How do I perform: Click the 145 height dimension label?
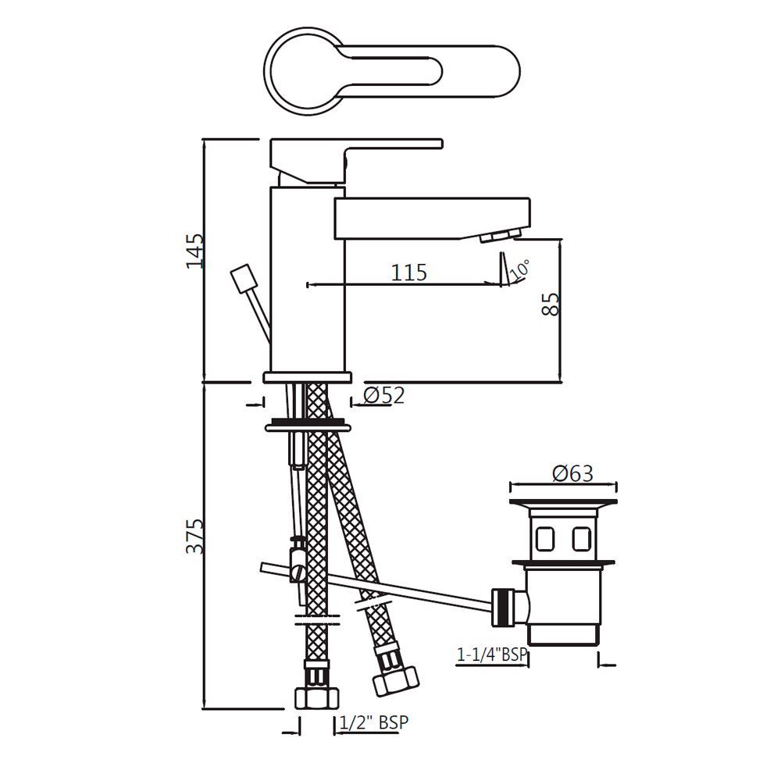pyautogui.click(x=194, y=250)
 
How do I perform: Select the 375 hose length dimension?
pyautogui.click(x=195, y=535)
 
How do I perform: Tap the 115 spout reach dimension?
pyautogui.click(x=409, y=273)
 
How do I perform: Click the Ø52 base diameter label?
pyautogui.click(x=383, y=396)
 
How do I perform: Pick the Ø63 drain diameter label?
pyautogui.click(x=572, y=473)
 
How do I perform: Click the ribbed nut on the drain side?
pyautogui.click(x=505, y=607)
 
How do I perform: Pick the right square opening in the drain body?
pyautogui.click(x=580, y=539)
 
